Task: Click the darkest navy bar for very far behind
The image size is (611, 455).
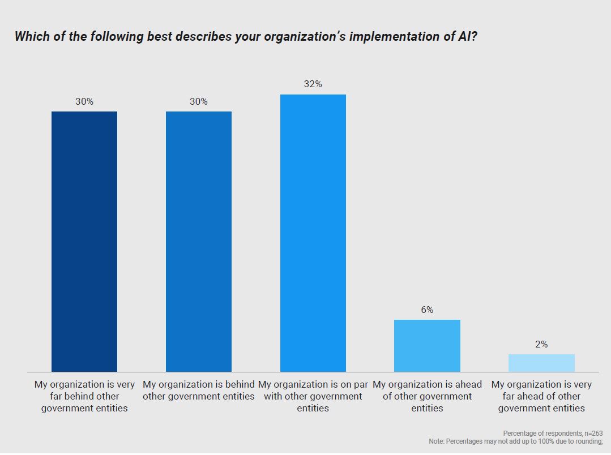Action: pyautogui.click(x=84, y=241)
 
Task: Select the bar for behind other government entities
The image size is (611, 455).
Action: pyautogui.click(x=199, y=241)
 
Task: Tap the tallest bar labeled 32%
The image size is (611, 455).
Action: pyautogui.click(x=313, y=233)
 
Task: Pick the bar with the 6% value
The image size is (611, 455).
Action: pyautogui.click(x=427, y=345)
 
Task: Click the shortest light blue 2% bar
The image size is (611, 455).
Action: pyautogui.click(x=541, y=363)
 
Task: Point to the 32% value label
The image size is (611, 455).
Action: pyautogui.click(x=313, y=84)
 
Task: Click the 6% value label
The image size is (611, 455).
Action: pyautogui.click(x=427, y=310)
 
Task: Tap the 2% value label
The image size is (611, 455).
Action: pyautogui.click(x=541, y=344)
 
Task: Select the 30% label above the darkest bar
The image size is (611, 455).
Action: pyautogui.click(x=84, y=101)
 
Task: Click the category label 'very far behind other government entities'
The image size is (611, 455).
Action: pyautogui.click(x=84, y=396)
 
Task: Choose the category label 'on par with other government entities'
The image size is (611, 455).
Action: pyautogui.click(x=313, y=396)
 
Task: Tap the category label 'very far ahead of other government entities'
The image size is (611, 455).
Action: pyautogui.click(x=541, y=396)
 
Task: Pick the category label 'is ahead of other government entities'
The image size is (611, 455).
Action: pyautogui.click(x=427, y=396)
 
